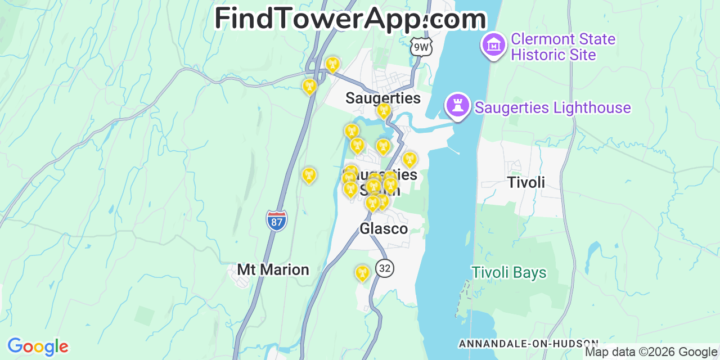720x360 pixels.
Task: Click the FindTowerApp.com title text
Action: [x=350, y=19]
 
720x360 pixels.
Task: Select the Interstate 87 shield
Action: [x=276, y=219]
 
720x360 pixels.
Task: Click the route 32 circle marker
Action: [x=385, y=268]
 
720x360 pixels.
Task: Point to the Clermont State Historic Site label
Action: [x=562, y=47]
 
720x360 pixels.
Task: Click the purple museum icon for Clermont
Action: [x=494, y=44]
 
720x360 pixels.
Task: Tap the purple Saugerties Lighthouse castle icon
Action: [x=458, y=105]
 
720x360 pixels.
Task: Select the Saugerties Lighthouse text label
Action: [x=552, y=107]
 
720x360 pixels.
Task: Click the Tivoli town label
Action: [x=526, y=182]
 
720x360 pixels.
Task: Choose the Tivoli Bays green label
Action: [x=509, y=273]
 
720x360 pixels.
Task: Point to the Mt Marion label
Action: [x=273, y=269]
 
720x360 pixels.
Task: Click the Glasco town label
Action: [x=384, y=228]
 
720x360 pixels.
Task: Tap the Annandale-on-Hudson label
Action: [x=528, y=343]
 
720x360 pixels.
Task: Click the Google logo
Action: [x=38, y=346]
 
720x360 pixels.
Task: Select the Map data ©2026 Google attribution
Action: [x=651, y=352]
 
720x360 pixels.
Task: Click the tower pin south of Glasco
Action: [x=362, y=273]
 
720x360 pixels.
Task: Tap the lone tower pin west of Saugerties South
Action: [x=308, y=175]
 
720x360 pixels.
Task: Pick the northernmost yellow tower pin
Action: [x=332, y=65]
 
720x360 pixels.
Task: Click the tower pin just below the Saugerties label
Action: [x=384, y=111]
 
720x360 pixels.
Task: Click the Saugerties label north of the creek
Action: [x=382, y=98]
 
